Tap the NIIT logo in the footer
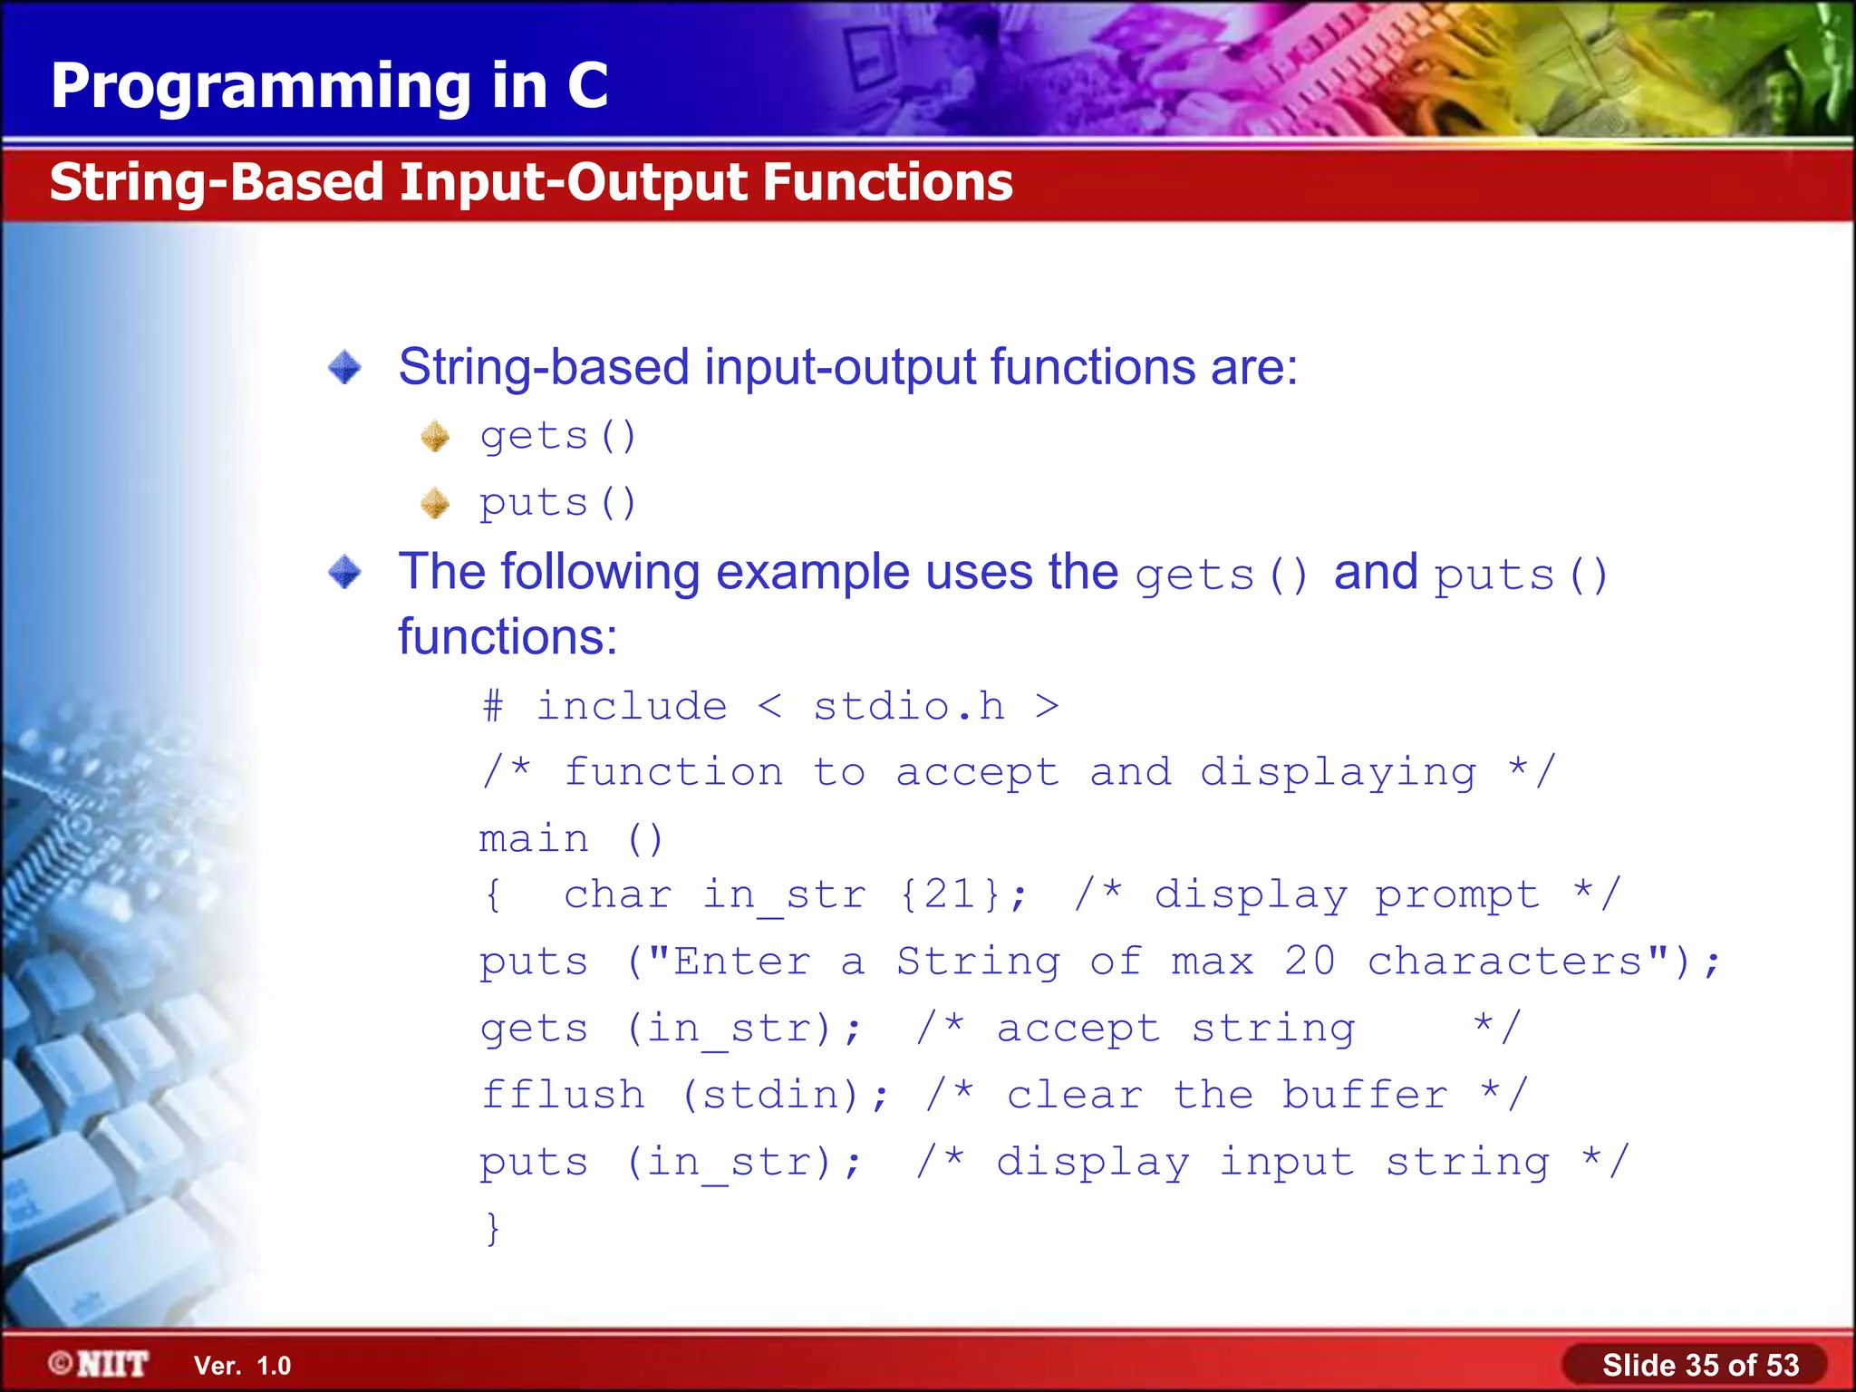click(x=100, y=1364)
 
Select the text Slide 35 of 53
click(x=1699, y=1365)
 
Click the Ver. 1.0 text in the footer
click(x=242, y=1366)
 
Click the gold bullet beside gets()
click(x=435, y=437)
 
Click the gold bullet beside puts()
click(x=435, y=503)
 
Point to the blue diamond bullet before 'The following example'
click(x=344, y=573)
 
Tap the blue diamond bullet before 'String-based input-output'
click(x=344, y=368)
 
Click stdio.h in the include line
click(x=908, y=707)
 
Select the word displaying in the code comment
click(x=1338, y=772)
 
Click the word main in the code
click(x=534, y=839)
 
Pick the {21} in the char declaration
click(x=951, y=895)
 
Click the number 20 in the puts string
click(x=1310, y=962)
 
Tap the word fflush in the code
click(x=563, y=1095)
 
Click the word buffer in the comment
click(x=1364, y=1095)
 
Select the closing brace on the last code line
click(x=492, y=1228)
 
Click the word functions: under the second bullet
click(x=507, y=637)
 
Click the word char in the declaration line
click(x=617, y=895)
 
